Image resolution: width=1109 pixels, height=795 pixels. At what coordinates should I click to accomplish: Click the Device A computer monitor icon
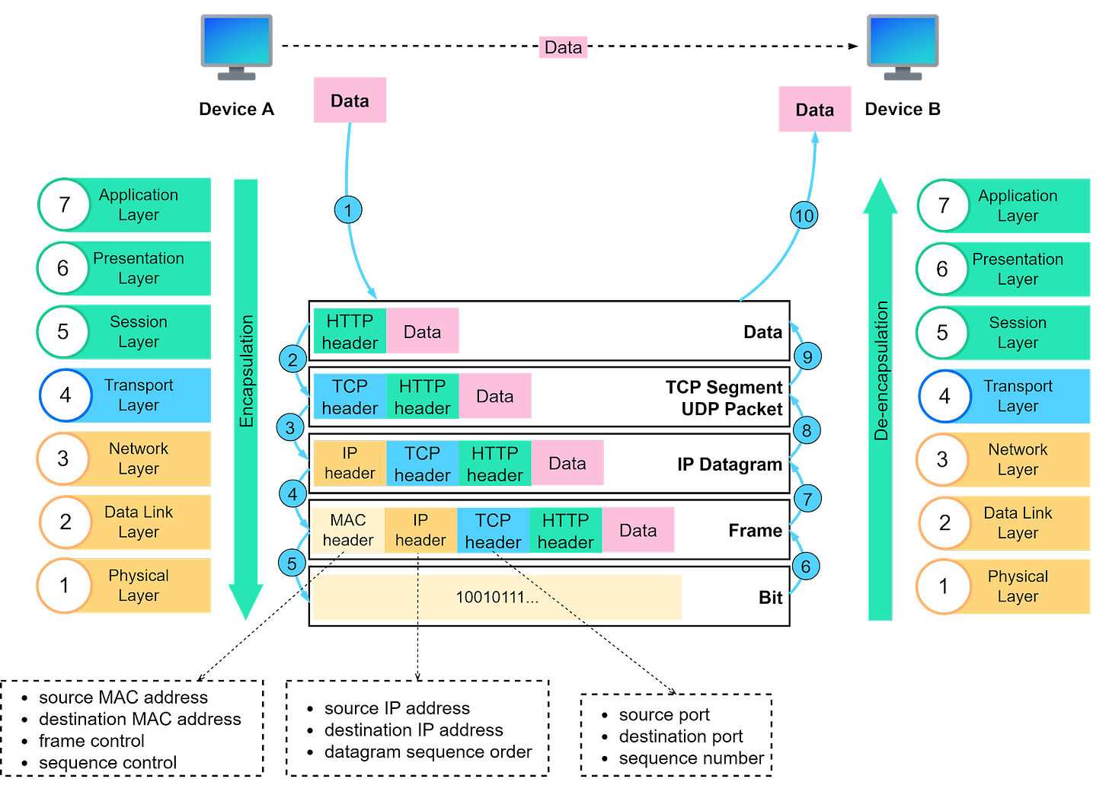pyautogui.click(x=237, y=45)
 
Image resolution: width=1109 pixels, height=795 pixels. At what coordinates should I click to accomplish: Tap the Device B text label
pyautogui.click(x=903, y=109)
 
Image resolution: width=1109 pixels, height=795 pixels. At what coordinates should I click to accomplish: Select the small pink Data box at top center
pyautogui.click(x=563, y=47)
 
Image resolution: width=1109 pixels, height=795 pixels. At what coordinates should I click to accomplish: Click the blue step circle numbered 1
pyautogui.click(x=348, y=210)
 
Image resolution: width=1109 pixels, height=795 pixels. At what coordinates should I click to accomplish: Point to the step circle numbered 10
pyautogui.click(x=804, y=216)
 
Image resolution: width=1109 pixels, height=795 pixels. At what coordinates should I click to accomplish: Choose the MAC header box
pyautogui.click(x=348, y=530)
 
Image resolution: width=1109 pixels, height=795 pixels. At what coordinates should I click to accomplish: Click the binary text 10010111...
pyautogui.click(x=497, y=597)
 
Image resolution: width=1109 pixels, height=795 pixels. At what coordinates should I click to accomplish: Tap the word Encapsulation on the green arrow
pyautogui.click(x=246, y=371)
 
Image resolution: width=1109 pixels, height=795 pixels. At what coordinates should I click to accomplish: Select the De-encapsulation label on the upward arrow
pyautogui.click(x=881, y=371)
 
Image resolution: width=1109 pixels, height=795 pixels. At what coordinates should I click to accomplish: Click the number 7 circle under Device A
pyautogui.click(x=65, y=205)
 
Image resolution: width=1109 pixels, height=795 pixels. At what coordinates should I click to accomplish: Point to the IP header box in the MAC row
pyautogui.click(x=420, y=530)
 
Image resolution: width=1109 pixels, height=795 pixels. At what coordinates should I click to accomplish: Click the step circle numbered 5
pyautogui.click(x=292, y=564)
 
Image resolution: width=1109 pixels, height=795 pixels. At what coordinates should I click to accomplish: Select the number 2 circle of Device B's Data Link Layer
pyautogui.click(x=944, y=522)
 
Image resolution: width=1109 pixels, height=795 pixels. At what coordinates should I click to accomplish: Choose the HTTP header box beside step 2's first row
pyautogui.click(x=350, y=332)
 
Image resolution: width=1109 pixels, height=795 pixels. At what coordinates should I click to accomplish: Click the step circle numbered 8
pyautogui.click(x=807, y=430)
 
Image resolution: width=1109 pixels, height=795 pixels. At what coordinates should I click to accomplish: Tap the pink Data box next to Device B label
pyautogui.click(x=815, y=110)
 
